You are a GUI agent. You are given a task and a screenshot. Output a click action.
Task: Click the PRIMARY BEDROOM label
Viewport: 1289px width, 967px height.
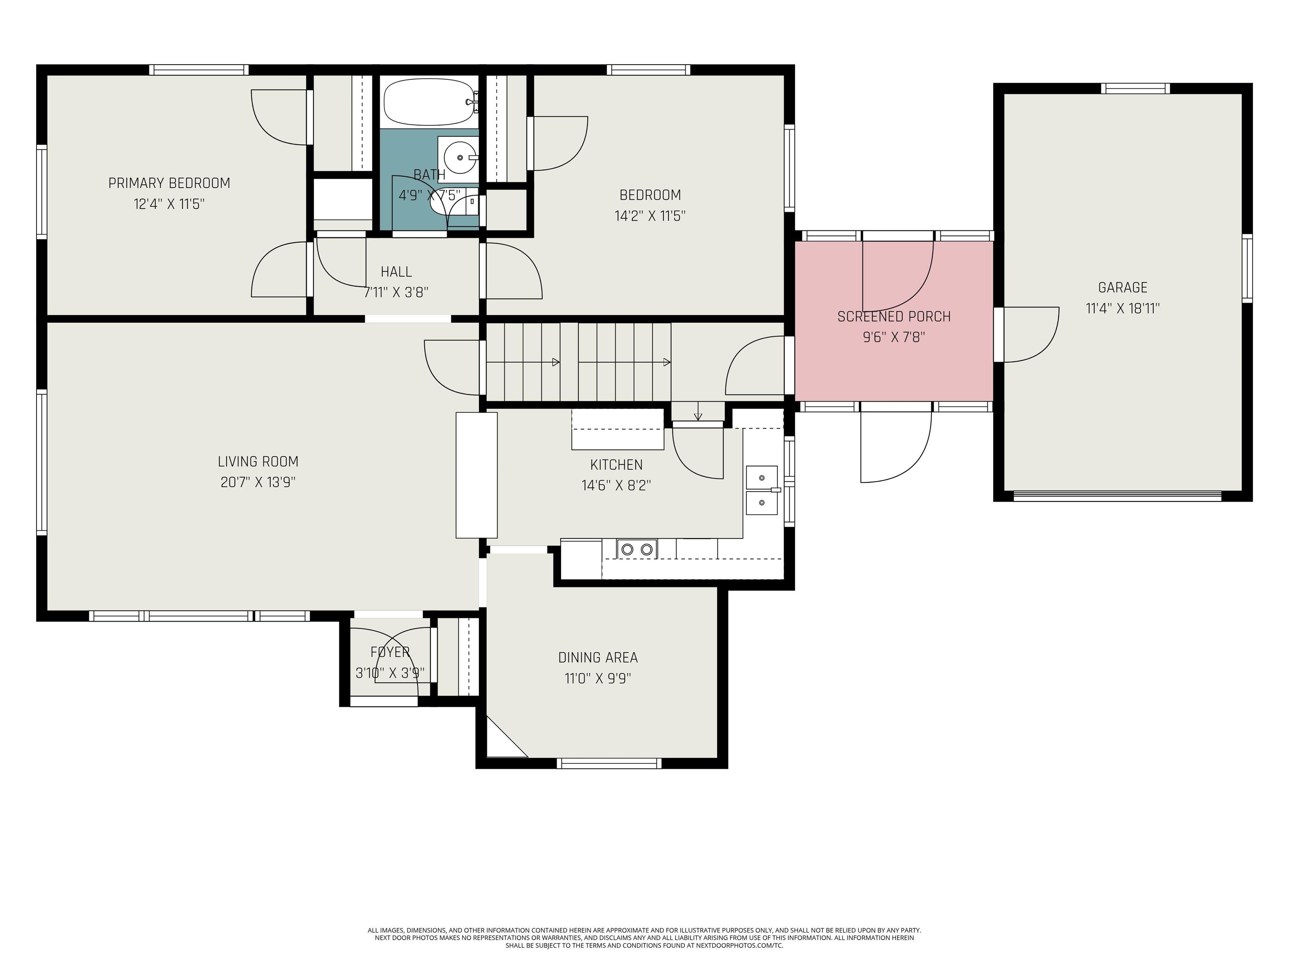tap(169, 183)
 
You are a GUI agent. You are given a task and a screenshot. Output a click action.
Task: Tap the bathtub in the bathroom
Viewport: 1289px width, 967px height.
tap(429, 102)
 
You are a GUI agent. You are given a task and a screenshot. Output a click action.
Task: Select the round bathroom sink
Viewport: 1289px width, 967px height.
tap(460, 157)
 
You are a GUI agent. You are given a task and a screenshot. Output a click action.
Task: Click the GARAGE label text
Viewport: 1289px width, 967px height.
tap(1122, 287)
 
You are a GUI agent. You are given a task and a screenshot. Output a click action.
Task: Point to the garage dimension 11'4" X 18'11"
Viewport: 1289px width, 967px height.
tap(1122, 308)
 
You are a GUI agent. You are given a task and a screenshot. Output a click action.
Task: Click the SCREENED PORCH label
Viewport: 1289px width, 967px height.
tap(893, 316)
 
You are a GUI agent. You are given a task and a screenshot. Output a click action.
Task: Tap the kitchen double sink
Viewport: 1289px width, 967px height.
tap(762, 490)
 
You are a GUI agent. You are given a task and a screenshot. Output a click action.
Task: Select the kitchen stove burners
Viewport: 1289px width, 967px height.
tap(637, 549)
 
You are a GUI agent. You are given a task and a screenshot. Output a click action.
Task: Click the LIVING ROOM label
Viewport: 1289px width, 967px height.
tap(258, 462)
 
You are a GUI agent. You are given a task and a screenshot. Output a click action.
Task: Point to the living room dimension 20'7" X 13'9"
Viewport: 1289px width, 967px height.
tap(258, 483)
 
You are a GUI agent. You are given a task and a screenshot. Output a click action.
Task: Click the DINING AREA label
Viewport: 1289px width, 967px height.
tap(598, 658)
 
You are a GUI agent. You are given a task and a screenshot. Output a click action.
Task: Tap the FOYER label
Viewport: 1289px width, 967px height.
tap(390, 652)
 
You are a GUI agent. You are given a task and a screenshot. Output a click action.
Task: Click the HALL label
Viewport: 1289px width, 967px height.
tap(396, 272)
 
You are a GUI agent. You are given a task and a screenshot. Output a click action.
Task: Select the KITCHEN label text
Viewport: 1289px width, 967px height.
tap(616, 465)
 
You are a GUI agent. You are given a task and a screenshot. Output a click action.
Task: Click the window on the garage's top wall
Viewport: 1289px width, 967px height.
tap(1135, 89)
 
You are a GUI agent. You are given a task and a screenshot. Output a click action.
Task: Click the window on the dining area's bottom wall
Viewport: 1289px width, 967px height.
tap(609, 763)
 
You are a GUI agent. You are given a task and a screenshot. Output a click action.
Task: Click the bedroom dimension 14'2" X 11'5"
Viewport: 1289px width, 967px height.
tap(650, 216)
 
